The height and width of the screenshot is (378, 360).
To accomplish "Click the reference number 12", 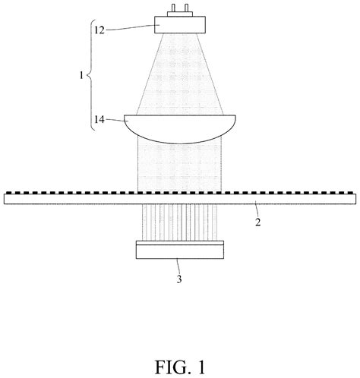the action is [x=99, y=30].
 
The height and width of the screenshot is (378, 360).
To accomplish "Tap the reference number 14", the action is [x=99, y=119].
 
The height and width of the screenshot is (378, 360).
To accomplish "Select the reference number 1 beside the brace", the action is [x=81, y=75].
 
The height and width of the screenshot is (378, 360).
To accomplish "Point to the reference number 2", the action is [x=257, y=222].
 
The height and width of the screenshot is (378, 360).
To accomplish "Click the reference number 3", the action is [x=179, y=279].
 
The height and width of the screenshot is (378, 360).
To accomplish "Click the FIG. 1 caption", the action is [x=180, y=367].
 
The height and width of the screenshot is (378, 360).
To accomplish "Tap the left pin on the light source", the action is [x=173, y=8].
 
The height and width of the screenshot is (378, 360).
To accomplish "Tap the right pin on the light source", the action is [x=186, y=8].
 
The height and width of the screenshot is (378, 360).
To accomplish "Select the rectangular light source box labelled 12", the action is [x=180, y=24].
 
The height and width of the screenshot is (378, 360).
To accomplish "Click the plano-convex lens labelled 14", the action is [x=180, y=129].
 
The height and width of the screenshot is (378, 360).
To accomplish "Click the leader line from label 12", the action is [x=131, y=27].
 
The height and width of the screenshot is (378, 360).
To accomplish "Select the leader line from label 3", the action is [x=178, y=266].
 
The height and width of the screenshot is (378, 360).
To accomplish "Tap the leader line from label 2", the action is [x=257, y=209].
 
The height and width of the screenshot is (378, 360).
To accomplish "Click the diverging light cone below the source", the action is [x=180, y=74].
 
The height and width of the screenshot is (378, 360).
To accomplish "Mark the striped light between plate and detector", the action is [x=180, y=222].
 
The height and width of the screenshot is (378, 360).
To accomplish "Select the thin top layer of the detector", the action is [x=180, y=243].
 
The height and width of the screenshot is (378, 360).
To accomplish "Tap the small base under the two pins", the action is [x=180, y=14].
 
